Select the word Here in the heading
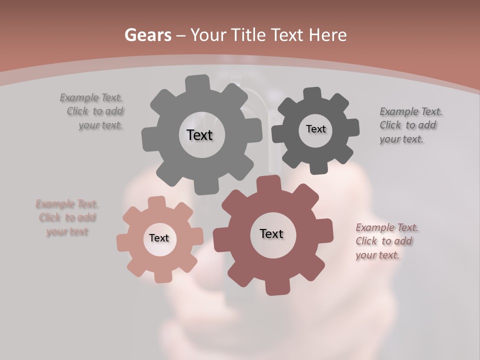coord(328,35)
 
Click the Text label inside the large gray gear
coord(199,135)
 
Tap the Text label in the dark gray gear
coord(315,129)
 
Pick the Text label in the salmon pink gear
coord(159,238)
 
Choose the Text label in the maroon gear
coord(271,234)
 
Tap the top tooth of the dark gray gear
coord(312,94)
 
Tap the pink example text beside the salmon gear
coord(67,217)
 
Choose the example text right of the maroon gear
coord(385,241)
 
